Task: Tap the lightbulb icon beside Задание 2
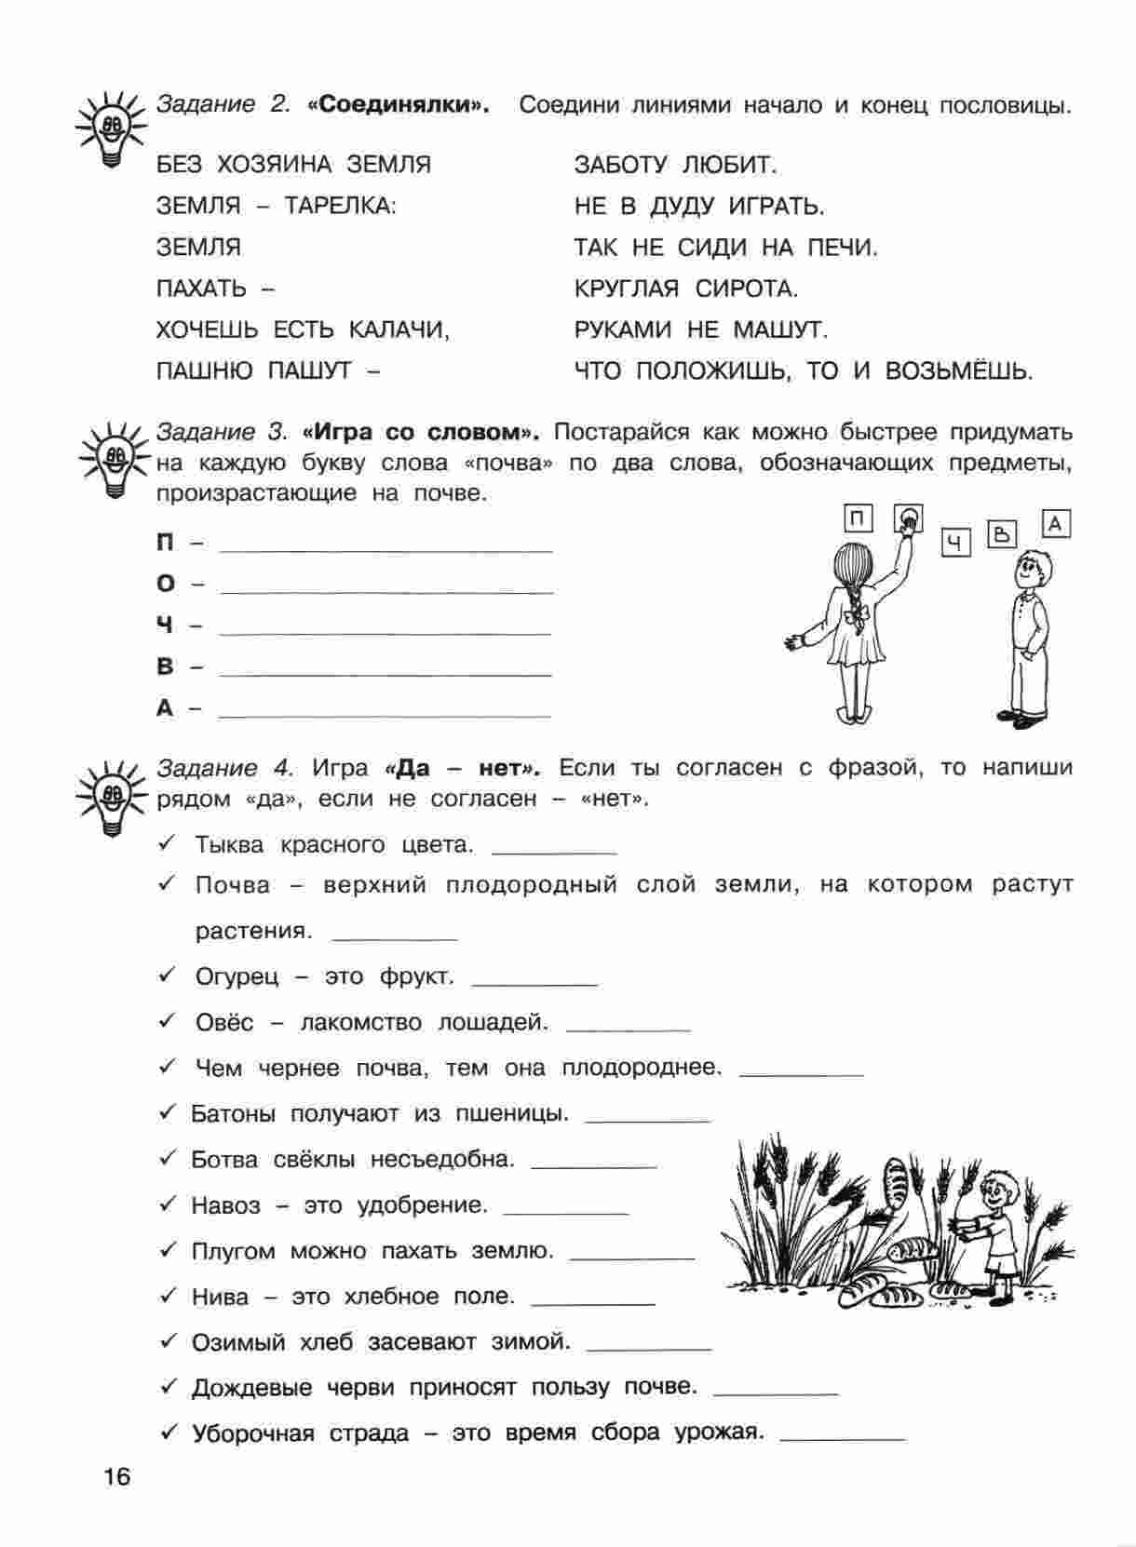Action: pyautogui.click(x=111, y=128)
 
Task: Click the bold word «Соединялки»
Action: pyautogui.click(x=397, y=105)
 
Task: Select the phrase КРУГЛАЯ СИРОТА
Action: pyautogui.click(x=686, y=289)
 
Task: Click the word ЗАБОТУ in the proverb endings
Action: pyautogui.click(x=620, y=166)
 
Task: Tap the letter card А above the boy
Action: pyautogui.click(x=1055, y=525)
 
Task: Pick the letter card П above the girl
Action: pyautogui.click(x=858, y=518)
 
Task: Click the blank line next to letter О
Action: pyautogui.click(x=385, y=591)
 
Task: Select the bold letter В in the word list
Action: pyautogui.click(x=165, y=667)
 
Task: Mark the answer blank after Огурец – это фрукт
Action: pyautogui.click(x=534, y=983)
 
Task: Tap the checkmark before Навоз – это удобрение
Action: pyautogui.click(x=168, y=1204)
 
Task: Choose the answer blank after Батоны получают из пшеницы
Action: pyautogui.click(x=648, y=1120)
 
